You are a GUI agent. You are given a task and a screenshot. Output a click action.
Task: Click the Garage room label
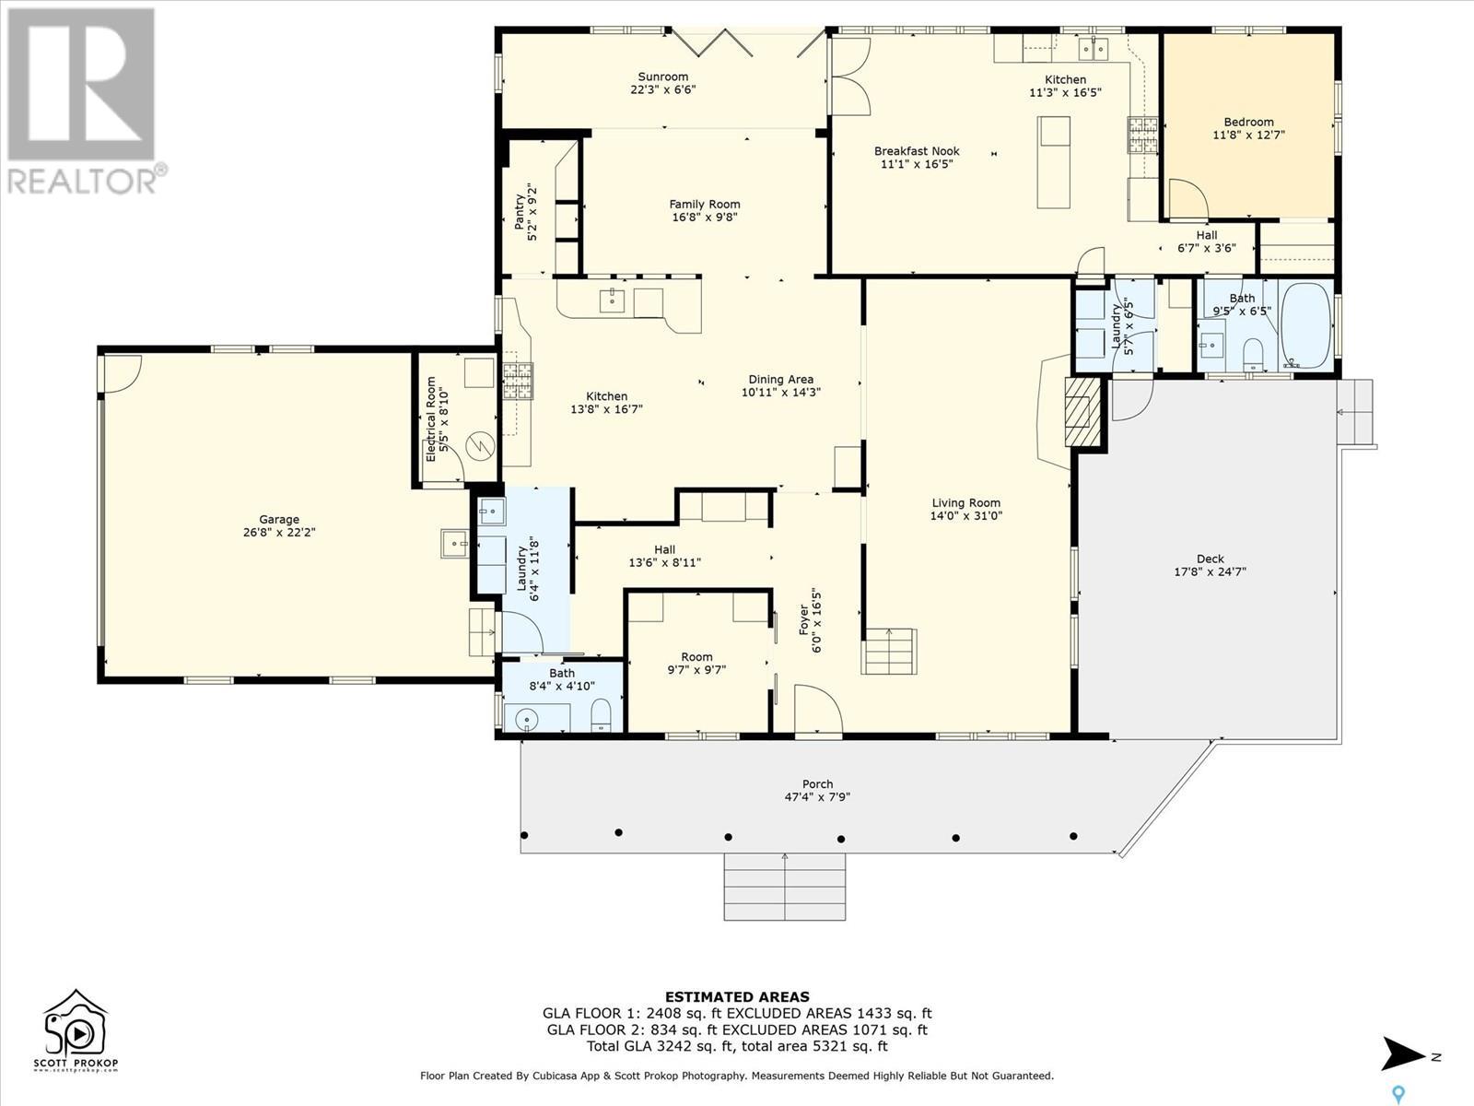pyautogui.click(x=279, y=519)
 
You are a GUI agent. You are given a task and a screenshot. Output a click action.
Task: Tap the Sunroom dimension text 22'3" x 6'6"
pyautogui.click(x=662, y=89)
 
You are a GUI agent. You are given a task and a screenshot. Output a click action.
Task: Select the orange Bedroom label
pyautogui.click(x=1248, y=122)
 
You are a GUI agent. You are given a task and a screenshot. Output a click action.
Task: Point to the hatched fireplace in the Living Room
pyautogui.click(x=1082, y=412)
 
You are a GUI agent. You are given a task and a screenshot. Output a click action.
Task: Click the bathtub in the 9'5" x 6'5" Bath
pyautogui.click(x=1306, y=325)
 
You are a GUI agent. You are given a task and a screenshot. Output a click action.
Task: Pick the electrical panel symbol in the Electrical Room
pyautogui.click(x=481, y=445)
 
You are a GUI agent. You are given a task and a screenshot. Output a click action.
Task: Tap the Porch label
pyautogui.click(x=817, y=783)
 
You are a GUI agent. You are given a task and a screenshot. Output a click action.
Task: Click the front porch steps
pyautogui.click(x=784, y=887)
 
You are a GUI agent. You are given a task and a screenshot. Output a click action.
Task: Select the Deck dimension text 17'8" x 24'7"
pyautogui.click(x=1211, y=571)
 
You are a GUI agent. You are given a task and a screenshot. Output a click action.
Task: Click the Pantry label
pyautogui.click(x=519, y=212)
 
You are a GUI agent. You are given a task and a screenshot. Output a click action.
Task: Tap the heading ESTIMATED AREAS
pyautogui.click(x=737, y=997)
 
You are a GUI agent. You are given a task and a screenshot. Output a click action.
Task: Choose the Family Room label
pyautogui.click(x=705, y=204)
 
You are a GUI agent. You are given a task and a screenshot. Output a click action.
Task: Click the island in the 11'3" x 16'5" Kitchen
pyautogui.click(x=1054, y=162)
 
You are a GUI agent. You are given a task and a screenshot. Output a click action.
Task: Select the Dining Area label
pyautogui.click(x=781, y=380)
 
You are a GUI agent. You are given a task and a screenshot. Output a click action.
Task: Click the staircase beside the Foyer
pyautogui.click(x=889, y=652)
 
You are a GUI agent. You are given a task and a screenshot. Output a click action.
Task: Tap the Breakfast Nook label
pyautogui.click(x=917, y=151)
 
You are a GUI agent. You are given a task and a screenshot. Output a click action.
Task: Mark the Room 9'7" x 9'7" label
pyautogui.click(x=696, y=657)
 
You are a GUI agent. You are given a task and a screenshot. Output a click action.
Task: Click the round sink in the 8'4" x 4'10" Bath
pyautogui.click(x=527, y=720)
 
